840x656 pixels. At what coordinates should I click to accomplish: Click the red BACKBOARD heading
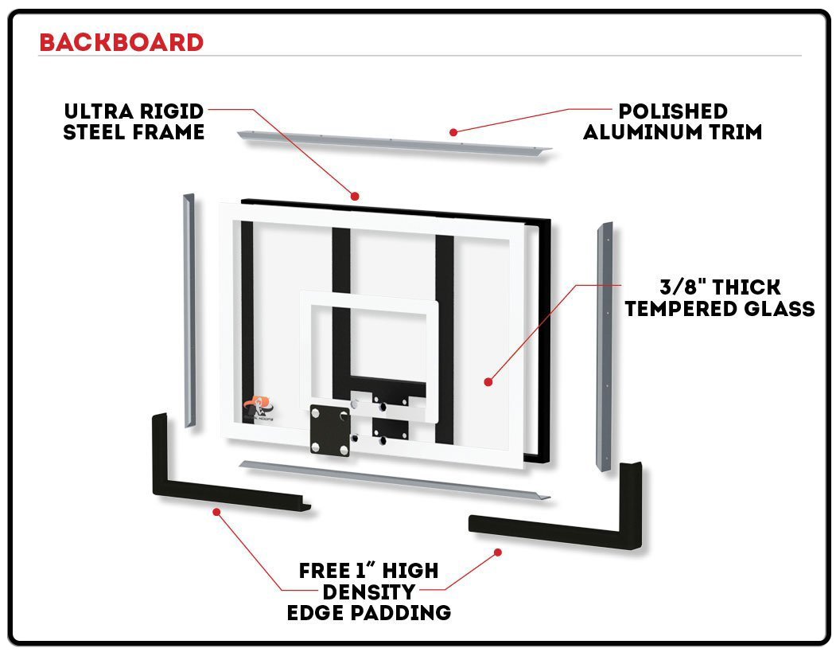tap(121, 42)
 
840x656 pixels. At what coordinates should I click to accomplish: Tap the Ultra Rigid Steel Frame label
tap(134, 121)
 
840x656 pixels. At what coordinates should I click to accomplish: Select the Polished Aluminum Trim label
tap(672, 122)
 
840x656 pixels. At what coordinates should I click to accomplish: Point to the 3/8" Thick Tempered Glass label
tap(719, 298)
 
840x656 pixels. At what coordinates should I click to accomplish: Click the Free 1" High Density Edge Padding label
tap(368, 592)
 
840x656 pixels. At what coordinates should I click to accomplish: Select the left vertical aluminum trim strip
tap(189, 310)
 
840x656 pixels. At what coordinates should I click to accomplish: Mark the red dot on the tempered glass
tap(488, 382)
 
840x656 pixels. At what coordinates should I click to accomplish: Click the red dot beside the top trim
tap(453, 131)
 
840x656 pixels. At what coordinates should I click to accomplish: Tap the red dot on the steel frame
tap(356, 195)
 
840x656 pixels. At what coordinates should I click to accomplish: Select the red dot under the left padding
tap(216, 511)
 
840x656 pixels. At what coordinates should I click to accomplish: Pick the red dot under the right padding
tap(498, 551)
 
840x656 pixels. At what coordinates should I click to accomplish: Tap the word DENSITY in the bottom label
tap(368, 592)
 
